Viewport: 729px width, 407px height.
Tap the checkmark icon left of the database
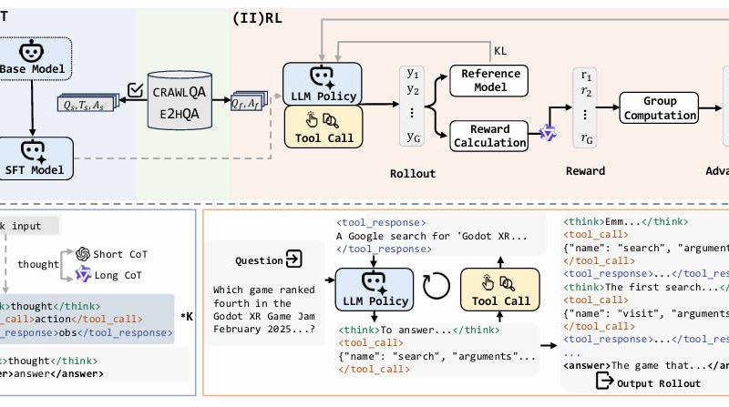coord(135,89)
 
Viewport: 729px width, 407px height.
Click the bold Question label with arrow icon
coord(268,259)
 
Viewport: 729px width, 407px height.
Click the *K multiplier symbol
coord(186,316)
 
